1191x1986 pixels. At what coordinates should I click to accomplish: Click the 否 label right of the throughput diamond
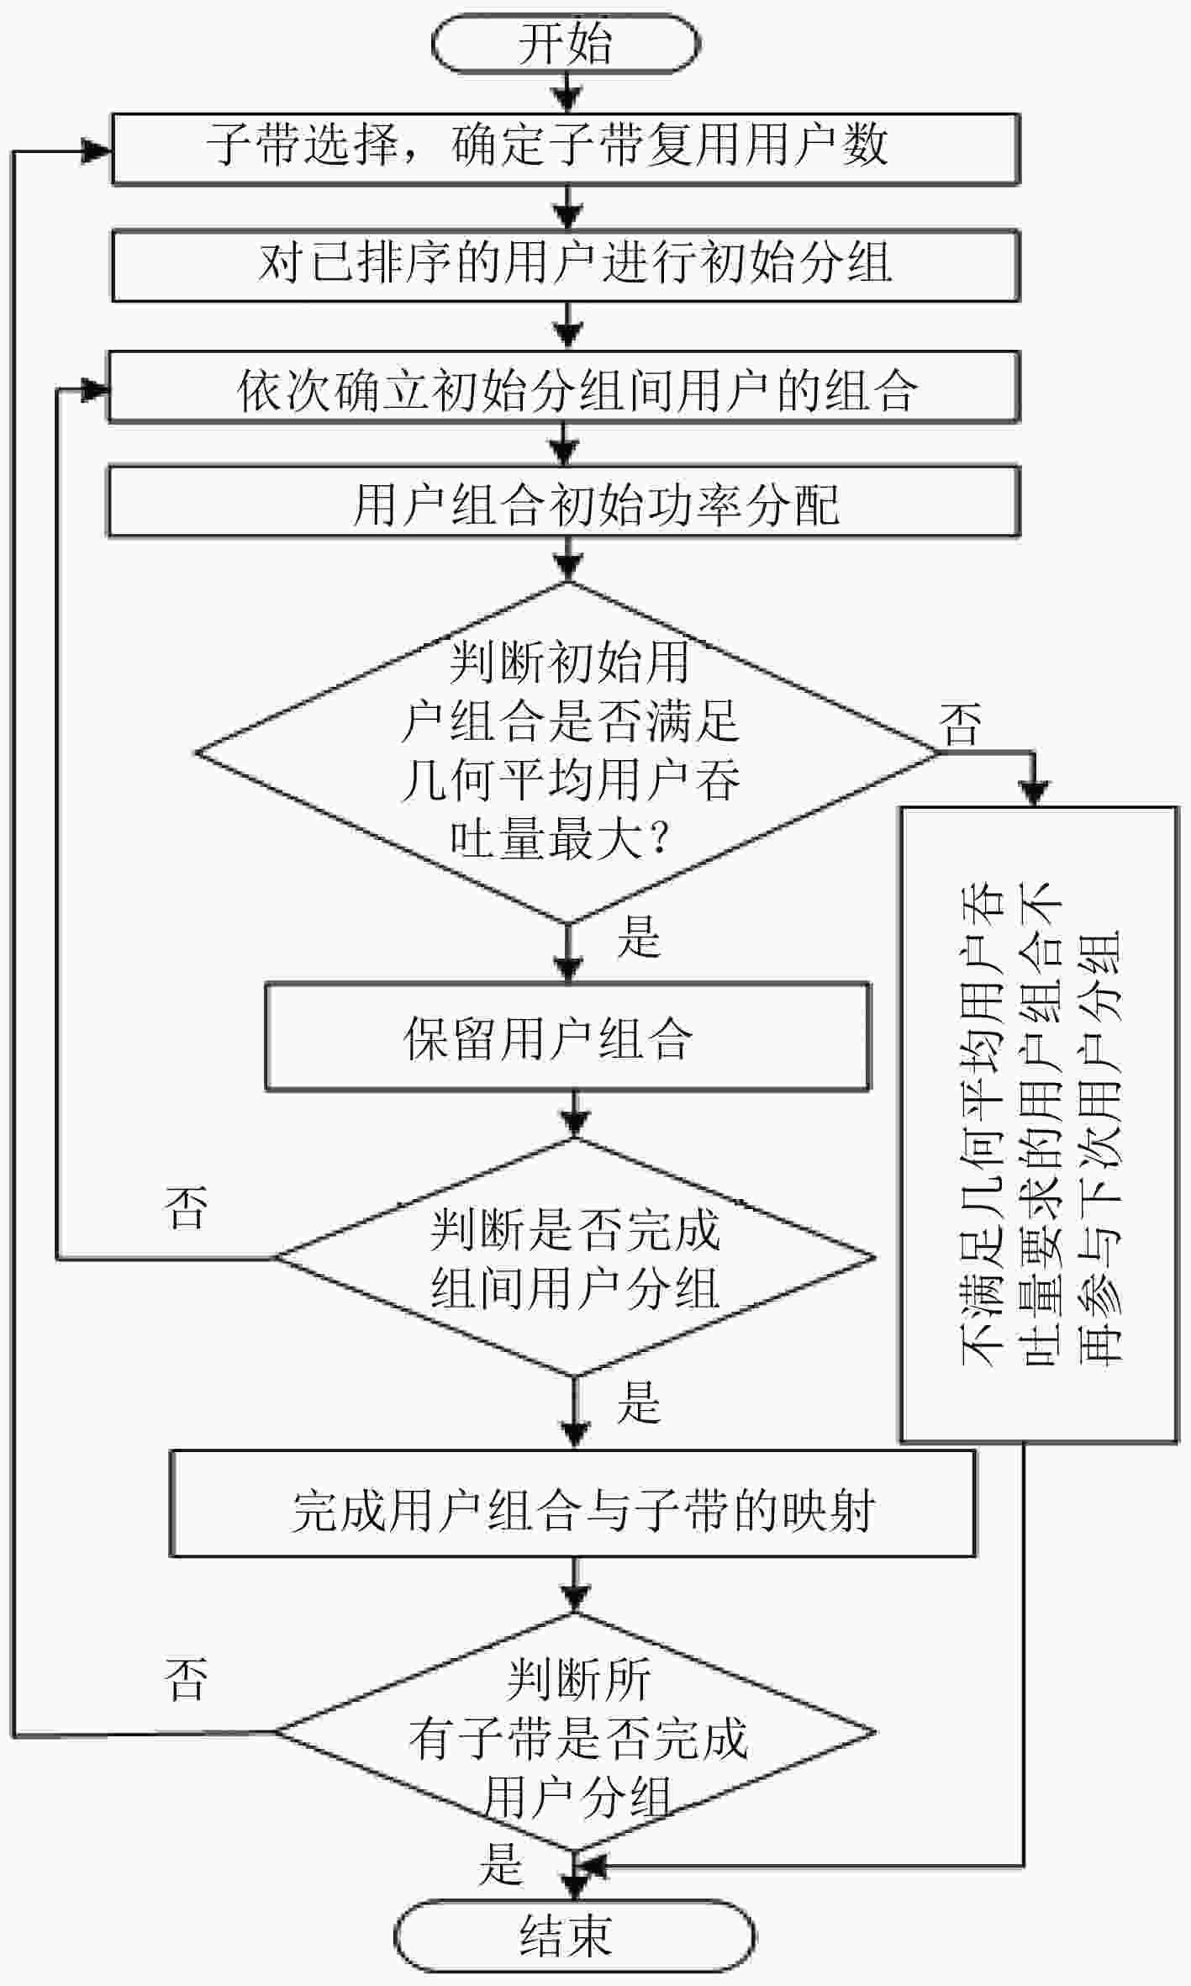(962, 724)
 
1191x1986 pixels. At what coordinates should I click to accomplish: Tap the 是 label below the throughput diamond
(640, 935)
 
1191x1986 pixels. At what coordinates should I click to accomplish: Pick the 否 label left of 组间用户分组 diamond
(187, 1207)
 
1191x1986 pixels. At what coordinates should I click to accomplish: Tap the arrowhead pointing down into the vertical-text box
(1035, 792)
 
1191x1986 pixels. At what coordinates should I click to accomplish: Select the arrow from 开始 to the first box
(569, 93)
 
